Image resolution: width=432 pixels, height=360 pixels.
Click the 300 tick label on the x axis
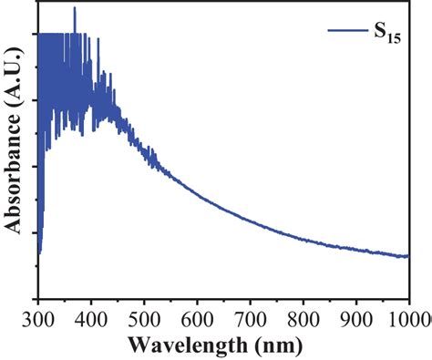[x=37, y=318]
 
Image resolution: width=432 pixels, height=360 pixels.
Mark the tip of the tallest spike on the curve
[x=75, y=7]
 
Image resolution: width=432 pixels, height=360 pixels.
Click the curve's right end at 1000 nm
[x=407, y=256]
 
